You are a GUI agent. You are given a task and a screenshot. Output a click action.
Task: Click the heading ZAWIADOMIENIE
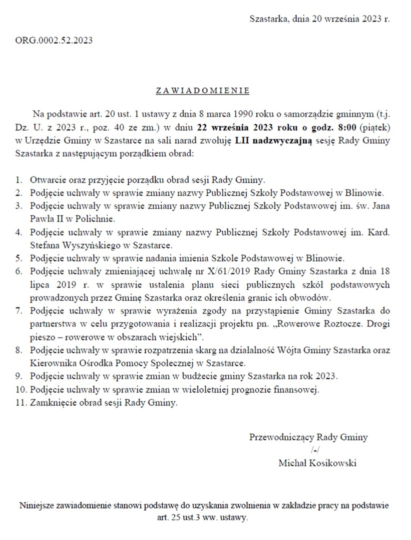[203, 91]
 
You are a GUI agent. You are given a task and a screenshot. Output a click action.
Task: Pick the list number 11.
[20, 402]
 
